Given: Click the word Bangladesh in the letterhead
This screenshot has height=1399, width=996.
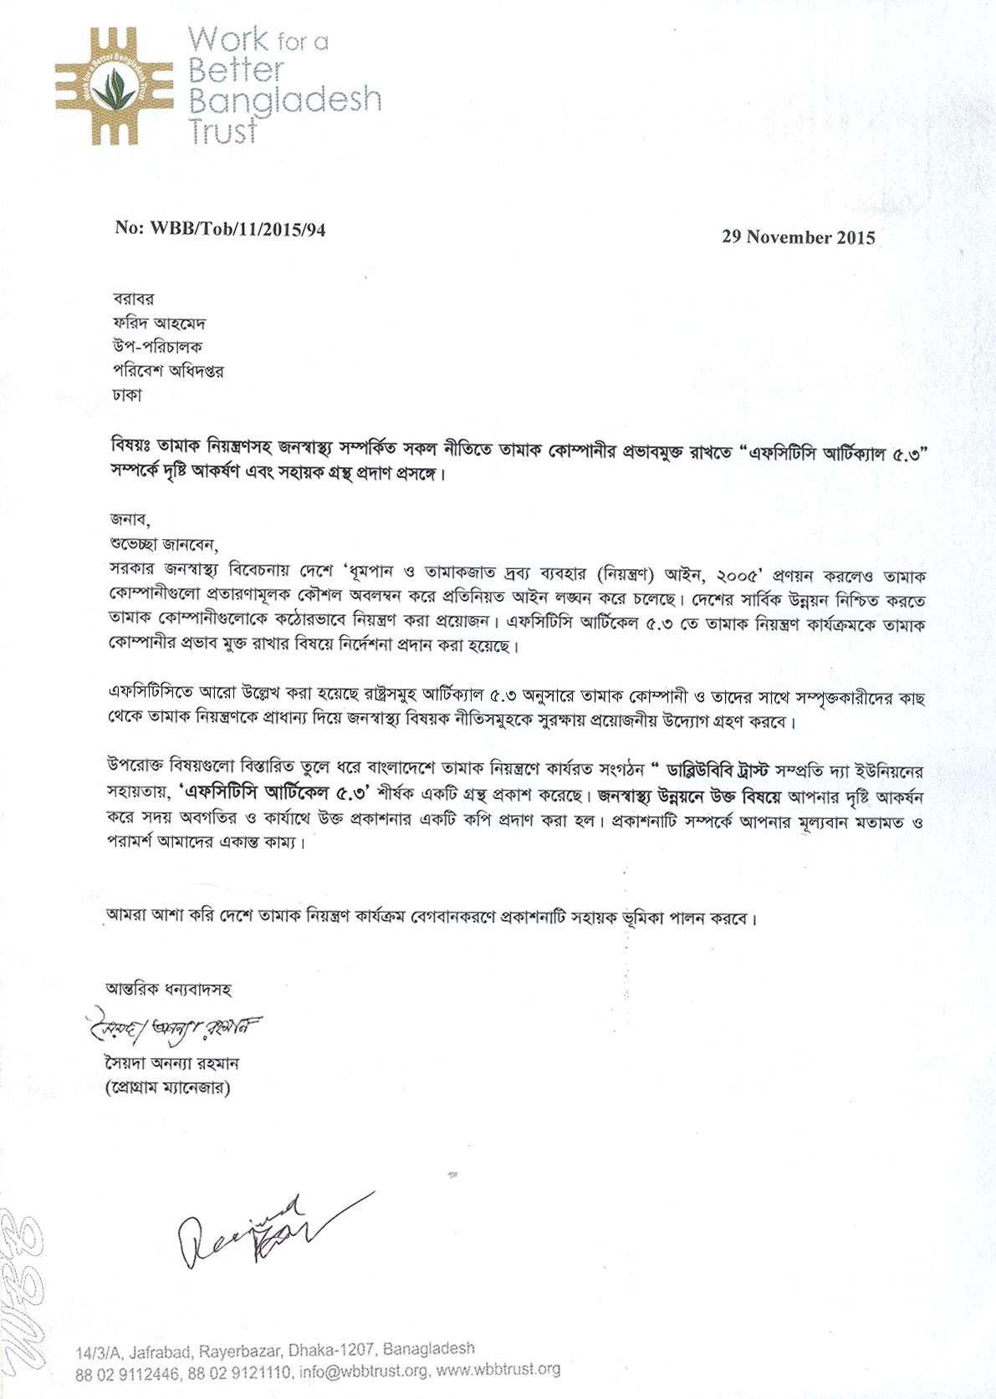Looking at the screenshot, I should (x=284, y=100).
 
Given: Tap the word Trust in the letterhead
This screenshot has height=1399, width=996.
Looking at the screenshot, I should (x=222, y=131).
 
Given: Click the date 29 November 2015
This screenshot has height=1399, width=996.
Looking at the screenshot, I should (x=798, y=237).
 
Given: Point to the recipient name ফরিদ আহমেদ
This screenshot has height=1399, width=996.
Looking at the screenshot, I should (x=159, y=323).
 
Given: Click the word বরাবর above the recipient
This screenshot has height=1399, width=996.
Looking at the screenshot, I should (x=134, y=298).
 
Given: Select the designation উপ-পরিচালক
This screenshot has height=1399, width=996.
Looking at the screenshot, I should (x=157, y=346).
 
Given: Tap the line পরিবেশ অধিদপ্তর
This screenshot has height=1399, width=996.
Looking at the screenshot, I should (x=168, y=370).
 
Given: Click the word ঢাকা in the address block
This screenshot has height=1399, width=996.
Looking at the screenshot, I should (x=127, y=394).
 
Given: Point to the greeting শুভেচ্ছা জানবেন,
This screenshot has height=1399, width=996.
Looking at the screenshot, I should (x=162, y=545).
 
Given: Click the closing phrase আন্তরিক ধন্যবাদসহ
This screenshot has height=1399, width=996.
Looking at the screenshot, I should (x=168, y=989).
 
